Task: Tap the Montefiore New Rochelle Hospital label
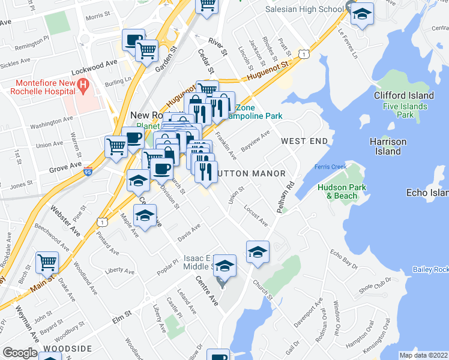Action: click(42, 87)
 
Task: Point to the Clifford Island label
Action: click(403, 95)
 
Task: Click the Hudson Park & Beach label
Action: click(337, 191)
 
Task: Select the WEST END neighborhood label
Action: click(304, 141)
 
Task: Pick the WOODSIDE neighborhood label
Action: click(67, 349)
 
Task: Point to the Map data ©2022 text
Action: click(423, 355)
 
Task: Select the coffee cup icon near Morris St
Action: click(133, 41)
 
